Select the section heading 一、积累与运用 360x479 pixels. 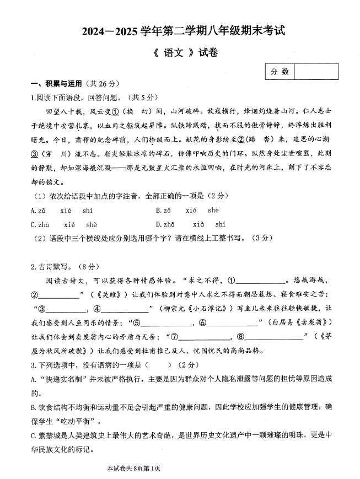[56, 84]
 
